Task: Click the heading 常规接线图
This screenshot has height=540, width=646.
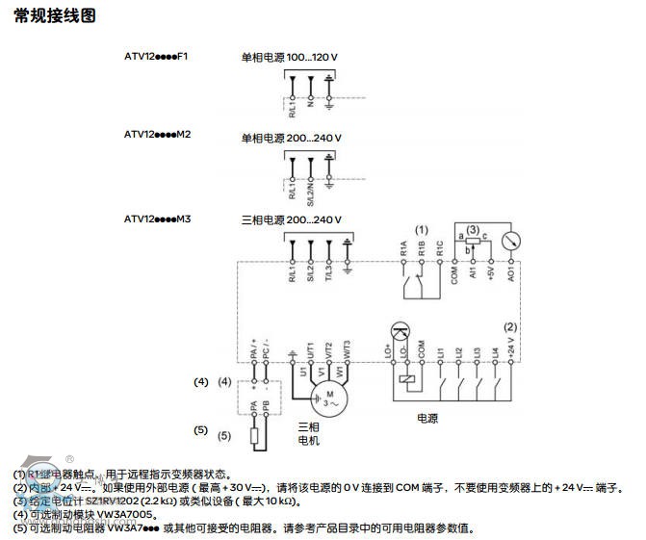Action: (56, 18)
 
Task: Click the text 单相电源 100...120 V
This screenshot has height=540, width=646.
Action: (291, 58)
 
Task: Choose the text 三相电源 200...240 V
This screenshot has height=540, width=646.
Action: (291, 219)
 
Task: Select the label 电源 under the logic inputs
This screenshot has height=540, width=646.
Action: (427, 420)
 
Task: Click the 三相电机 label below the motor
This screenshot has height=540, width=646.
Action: (308, 433)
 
